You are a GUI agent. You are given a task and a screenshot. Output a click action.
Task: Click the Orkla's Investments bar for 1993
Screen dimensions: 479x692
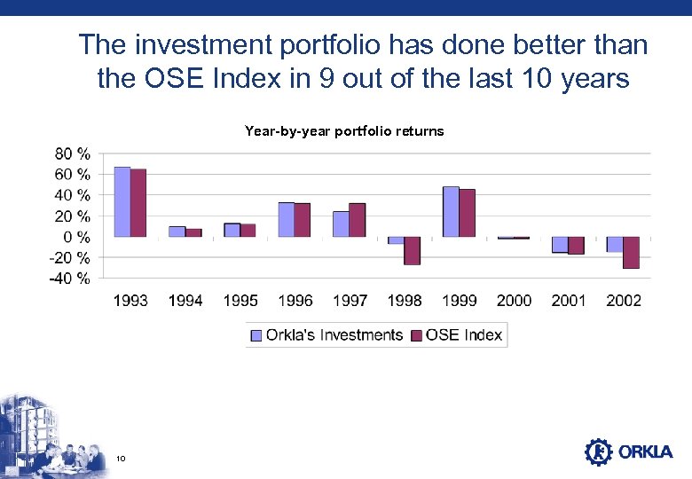tap(122, 202)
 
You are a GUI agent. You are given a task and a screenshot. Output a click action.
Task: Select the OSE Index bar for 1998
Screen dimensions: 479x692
tap(412, 250)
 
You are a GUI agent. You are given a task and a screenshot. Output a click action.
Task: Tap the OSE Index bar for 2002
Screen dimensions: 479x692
tap(631, 252)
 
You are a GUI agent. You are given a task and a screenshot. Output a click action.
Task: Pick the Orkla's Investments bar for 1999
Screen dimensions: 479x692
tap(451, 212)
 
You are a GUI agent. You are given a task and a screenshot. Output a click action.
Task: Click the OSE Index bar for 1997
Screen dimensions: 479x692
tap(357, 220)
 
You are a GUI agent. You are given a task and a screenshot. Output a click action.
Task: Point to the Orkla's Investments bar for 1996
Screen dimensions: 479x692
tap(286, 220)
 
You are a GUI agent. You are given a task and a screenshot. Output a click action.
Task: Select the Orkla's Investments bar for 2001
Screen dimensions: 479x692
tap(560, 245)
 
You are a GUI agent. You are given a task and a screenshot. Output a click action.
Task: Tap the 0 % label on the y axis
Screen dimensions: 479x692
tap(77, 237)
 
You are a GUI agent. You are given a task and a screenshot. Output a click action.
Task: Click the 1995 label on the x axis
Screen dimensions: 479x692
tap(240, 301)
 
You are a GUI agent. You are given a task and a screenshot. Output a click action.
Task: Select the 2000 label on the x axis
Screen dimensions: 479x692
tap(514, 301)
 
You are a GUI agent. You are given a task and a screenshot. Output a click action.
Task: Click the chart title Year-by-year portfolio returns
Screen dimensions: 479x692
tap(344, 131)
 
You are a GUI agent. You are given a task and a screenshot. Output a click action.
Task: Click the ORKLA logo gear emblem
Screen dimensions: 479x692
tap(599, 452)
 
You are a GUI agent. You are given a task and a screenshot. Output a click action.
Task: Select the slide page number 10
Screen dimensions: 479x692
tap(121, 458)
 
